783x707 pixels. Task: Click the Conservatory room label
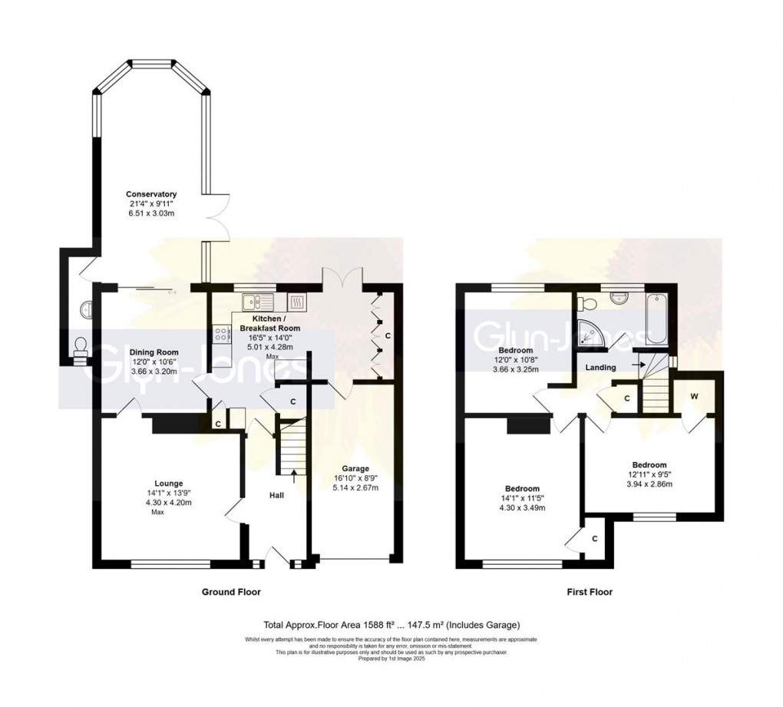[x=152, y=194]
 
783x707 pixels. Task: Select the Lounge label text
[x=167, y=483]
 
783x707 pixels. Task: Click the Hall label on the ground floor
[x=276, y=495]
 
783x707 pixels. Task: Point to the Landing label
[x=600, y=368]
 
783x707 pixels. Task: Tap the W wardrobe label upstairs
[x=695, y=397]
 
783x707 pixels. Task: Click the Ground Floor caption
[x=231, y=592]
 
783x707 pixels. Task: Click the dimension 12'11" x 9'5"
[x=649, y=474]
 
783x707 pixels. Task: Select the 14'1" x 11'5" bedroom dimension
[x=522, y=498]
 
